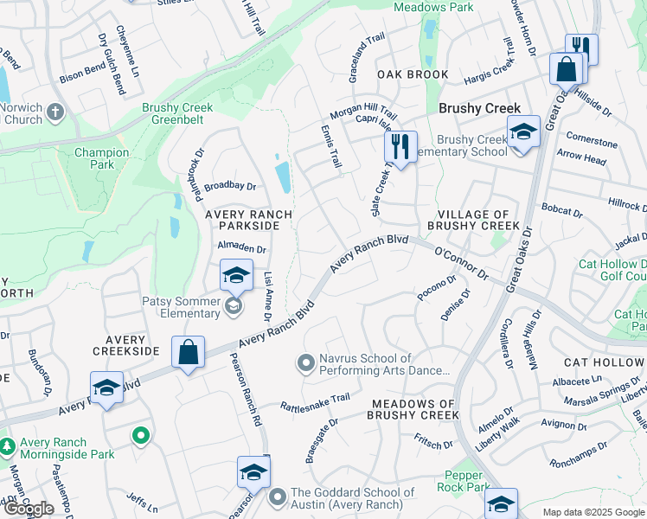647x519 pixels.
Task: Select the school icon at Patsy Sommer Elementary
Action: tap(236, 275)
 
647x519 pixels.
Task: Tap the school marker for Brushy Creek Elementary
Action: tap(522, 132)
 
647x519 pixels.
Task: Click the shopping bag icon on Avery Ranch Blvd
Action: tap(188, 352)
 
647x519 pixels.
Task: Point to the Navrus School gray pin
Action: tap(304, 363)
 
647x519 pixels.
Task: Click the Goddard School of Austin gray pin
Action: tap(278, 497)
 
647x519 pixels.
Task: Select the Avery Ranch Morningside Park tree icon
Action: tap(7, 446)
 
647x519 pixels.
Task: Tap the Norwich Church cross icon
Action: tap(55, 112)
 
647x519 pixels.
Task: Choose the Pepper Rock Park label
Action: tap(467, 481)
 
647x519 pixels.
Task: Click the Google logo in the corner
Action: tap(29, 509)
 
